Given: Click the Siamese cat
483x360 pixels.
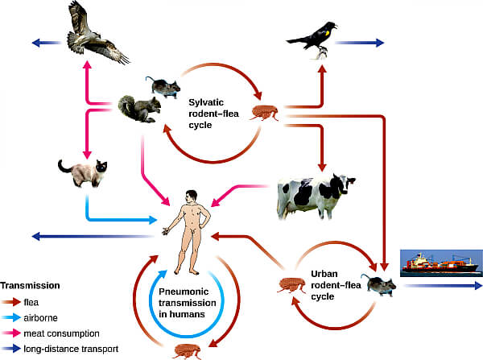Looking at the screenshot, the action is coord(83,173).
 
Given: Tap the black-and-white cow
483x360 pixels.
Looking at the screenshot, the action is coord(316,196).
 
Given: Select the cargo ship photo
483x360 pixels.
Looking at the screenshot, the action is coord(441,263).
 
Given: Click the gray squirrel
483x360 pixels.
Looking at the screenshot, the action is coord(139,109).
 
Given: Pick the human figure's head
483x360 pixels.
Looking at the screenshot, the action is coord(192,196).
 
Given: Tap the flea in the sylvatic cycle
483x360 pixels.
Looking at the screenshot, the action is coord(265,113).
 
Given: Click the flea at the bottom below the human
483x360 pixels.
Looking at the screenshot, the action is coord(188,352).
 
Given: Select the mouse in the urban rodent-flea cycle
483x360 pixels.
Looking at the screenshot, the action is coord(378,285).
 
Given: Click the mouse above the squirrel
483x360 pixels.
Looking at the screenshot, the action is coord(163,87).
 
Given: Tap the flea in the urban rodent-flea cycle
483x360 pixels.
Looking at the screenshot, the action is coord(291,285).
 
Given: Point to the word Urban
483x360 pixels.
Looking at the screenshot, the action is coord(324,274).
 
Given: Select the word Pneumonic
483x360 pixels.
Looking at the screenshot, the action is coord(184,292).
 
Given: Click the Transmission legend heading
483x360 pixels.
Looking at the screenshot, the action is coord(30,285).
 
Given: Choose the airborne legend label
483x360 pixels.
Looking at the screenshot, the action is coord(41,318).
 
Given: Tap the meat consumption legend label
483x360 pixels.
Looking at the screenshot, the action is coord(62,333).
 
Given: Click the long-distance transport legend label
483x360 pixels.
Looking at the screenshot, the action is coord(71,349).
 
